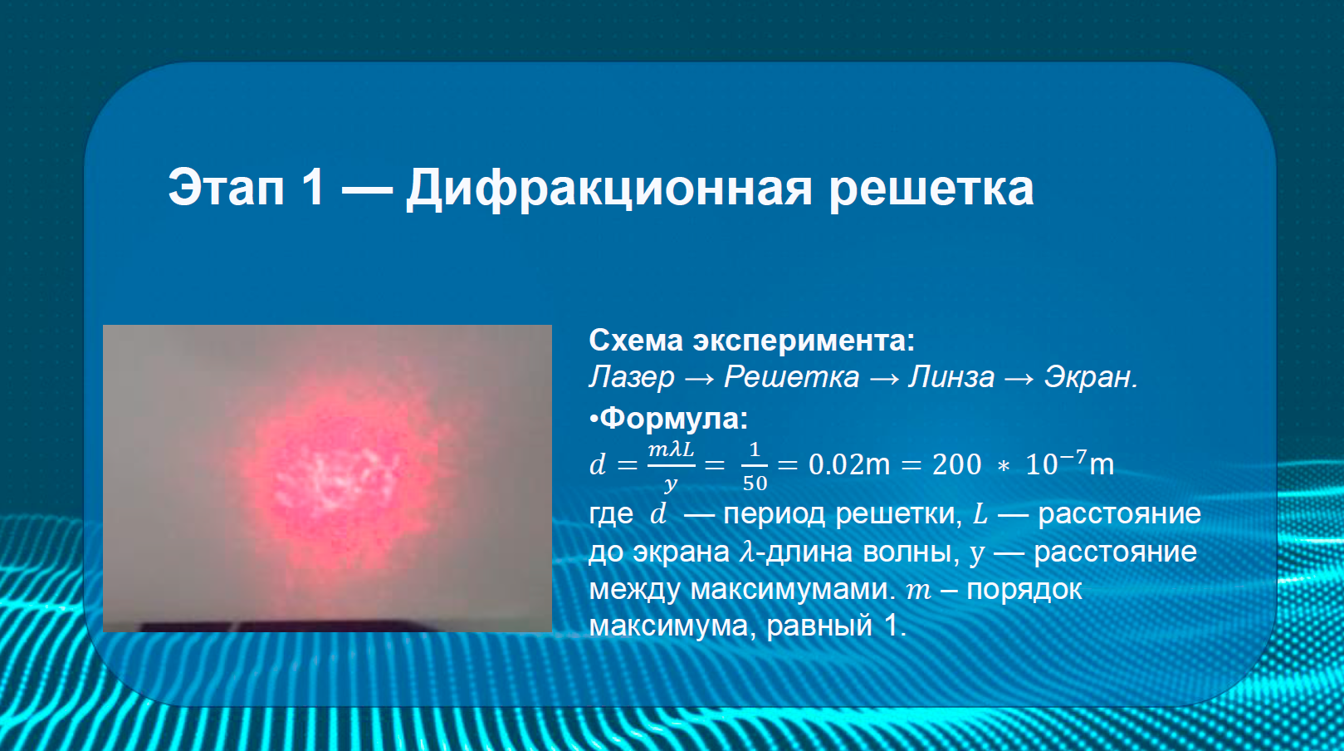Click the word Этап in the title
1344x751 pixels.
pos(226,188)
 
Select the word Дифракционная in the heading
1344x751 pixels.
pos(609,189)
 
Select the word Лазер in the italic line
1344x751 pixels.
pos(632,378)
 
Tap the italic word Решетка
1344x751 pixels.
pos(791,378)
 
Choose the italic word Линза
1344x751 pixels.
pos(951,378)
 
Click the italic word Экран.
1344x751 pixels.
pos(1091,378)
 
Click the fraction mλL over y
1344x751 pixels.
pos(671,466)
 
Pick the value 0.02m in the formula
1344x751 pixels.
pos(849,464)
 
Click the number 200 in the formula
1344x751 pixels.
pos(956,464)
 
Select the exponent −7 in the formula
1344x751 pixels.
pos(1073,458)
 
